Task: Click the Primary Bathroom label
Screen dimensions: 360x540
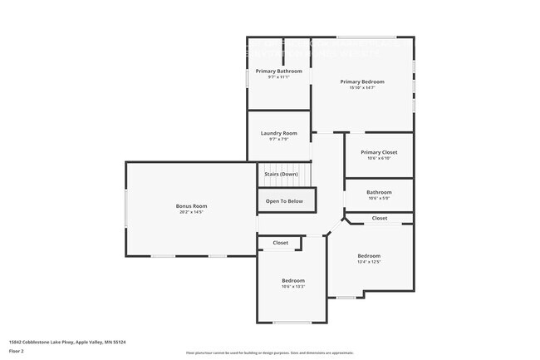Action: [278, 72]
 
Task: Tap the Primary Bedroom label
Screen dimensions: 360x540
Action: [362, 81]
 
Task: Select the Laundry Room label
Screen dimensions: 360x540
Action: [278, 133]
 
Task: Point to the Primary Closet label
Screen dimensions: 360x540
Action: [379, 152]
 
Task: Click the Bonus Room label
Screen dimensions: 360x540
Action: [191, 205]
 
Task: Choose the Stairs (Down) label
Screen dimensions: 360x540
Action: [281, 174]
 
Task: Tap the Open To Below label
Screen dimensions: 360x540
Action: [284, 201]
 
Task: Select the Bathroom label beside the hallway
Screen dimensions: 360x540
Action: [379, 192]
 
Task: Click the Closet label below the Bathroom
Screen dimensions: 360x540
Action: [379, 218]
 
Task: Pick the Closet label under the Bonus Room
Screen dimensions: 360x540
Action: [281, 243]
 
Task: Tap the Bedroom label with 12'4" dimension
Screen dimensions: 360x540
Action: [369, 255]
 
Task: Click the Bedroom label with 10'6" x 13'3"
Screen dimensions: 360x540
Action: [292, 280]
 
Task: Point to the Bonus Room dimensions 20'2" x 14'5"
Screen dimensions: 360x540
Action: [191, 212]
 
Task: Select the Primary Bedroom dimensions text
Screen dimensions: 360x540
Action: [362, 88]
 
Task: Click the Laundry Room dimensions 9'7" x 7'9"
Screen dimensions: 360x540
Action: [278, 140]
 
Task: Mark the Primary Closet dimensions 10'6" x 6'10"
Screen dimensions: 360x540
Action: [379, 159]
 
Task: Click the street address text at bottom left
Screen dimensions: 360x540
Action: [66, 342]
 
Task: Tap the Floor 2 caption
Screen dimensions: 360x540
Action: [17, 352]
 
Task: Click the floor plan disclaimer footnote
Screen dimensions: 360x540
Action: [269, 353]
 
